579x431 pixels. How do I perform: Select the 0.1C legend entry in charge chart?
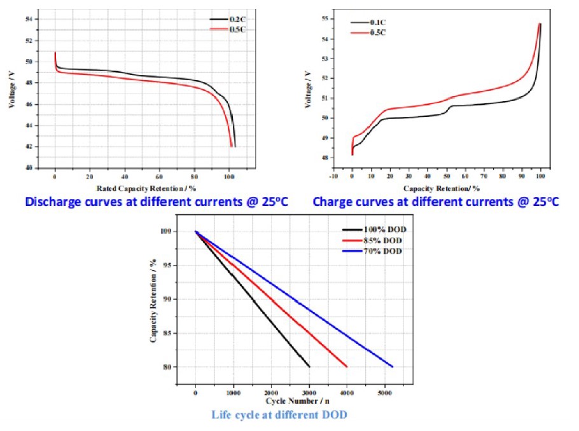362,23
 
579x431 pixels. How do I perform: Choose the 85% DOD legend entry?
382,240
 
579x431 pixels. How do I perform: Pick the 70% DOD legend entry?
382,251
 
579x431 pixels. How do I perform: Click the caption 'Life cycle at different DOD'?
279,414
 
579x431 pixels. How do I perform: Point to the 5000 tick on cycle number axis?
385,392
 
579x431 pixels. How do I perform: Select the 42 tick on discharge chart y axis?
29,147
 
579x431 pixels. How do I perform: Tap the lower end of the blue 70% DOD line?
393,367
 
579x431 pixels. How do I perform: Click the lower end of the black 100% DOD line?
309,367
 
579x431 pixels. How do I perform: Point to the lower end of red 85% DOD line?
347,367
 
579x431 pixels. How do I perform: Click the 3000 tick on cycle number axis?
309,392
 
